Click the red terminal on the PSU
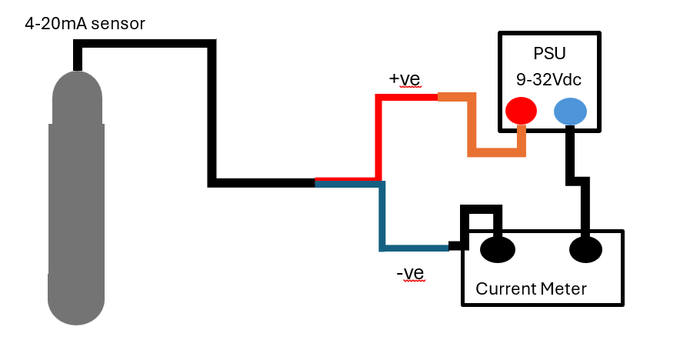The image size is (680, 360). pyautogui.click(x=521, y=111)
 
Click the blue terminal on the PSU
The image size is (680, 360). pyautogui.click(x=570, y=112)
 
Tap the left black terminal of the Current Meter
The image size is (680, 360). pyautogui.click(x=497, y=249)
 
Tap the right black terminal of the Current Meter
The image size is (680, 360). pyautogui.click(x=585, y=249)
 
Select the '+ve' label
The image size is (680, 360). pyautogui.click(x=405, y=79)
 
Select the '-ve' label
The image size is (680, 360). pyautogui.click(x=410, y=273)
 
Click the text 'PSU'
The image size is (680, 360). pyautogui.click(x=548, y=54)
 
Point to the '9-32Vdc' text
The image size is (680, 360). pyautogui.click(x=548, y=78)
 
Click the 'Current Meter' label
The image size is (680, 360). pyautogui.click(x=531, y=289)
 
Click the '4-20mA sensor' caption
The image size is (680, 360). pyautogui.click(x=85, y=24)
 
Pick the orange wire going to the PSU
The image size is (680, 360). pyautogui.click(x=472, y=131)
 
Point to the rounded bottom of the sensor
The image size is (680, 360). pyautogui.click(x=76, y=308)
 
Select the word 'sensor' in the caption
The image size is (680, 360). pyautogui.click(x=118, y=24)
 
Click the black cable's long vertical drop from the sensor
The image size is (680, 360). pyautogui.click(x=212, y=115)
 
